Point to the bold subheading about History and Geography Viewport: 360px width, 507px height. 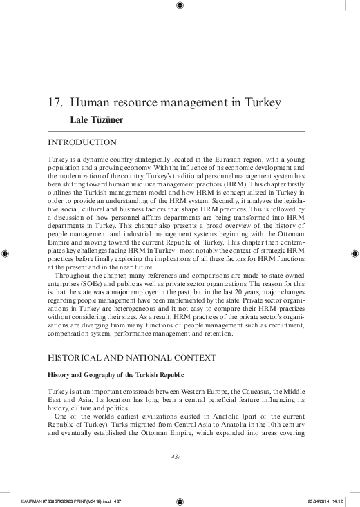click(x=115, y=374)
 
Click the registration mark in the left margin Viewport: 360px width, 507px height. click(x=6, y=254)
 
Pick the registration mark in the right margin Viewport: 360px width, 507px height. click(x=353, y=254)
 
